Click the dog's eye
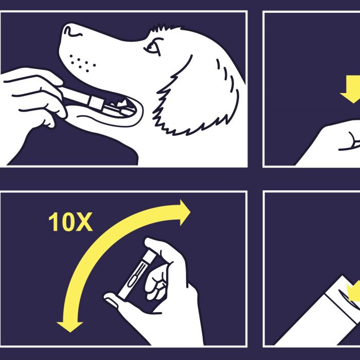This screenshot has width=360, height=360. [153, 47]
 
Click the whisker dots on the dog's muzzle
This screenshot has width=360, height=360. [82, 63]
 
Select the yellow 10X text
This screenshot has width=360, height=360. [70, 222]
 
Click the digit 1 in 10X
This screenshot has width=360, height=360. [53, 222]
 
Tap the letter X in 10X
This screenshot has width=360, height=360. [84, 222]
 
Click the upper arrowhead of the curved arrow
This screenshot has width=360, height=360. [184, 212]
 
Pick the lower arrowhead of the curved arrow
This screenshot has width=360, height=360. [69, 327]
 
